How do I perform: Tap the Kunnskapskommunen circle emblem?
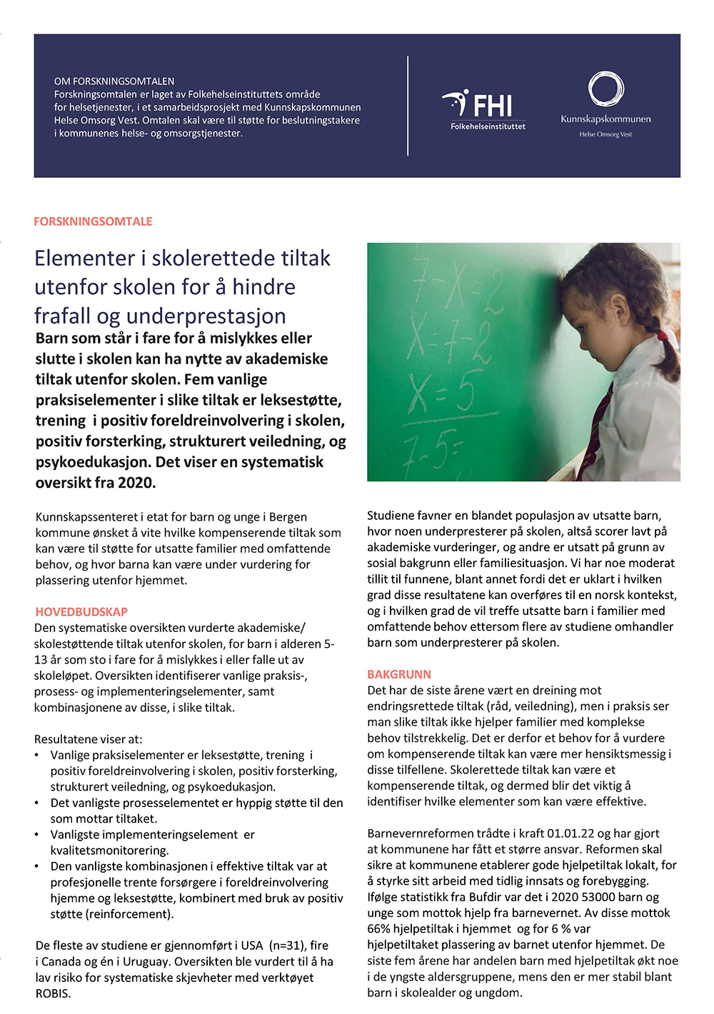coord(605,89)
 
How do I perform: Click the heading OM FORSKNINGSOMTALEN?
coord(114,81)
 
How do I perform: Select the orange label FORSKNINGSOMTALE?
coord(93,221)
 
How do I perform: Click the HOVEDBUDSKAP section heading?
coord(81,612)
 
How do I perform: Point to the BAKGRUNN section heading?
coord(399,674)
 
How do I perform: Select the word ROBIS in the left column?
coord(53,993)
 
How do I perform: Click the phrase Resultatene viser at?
coord(88,739)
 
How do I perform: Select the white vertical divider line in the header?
coord(408,106)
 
